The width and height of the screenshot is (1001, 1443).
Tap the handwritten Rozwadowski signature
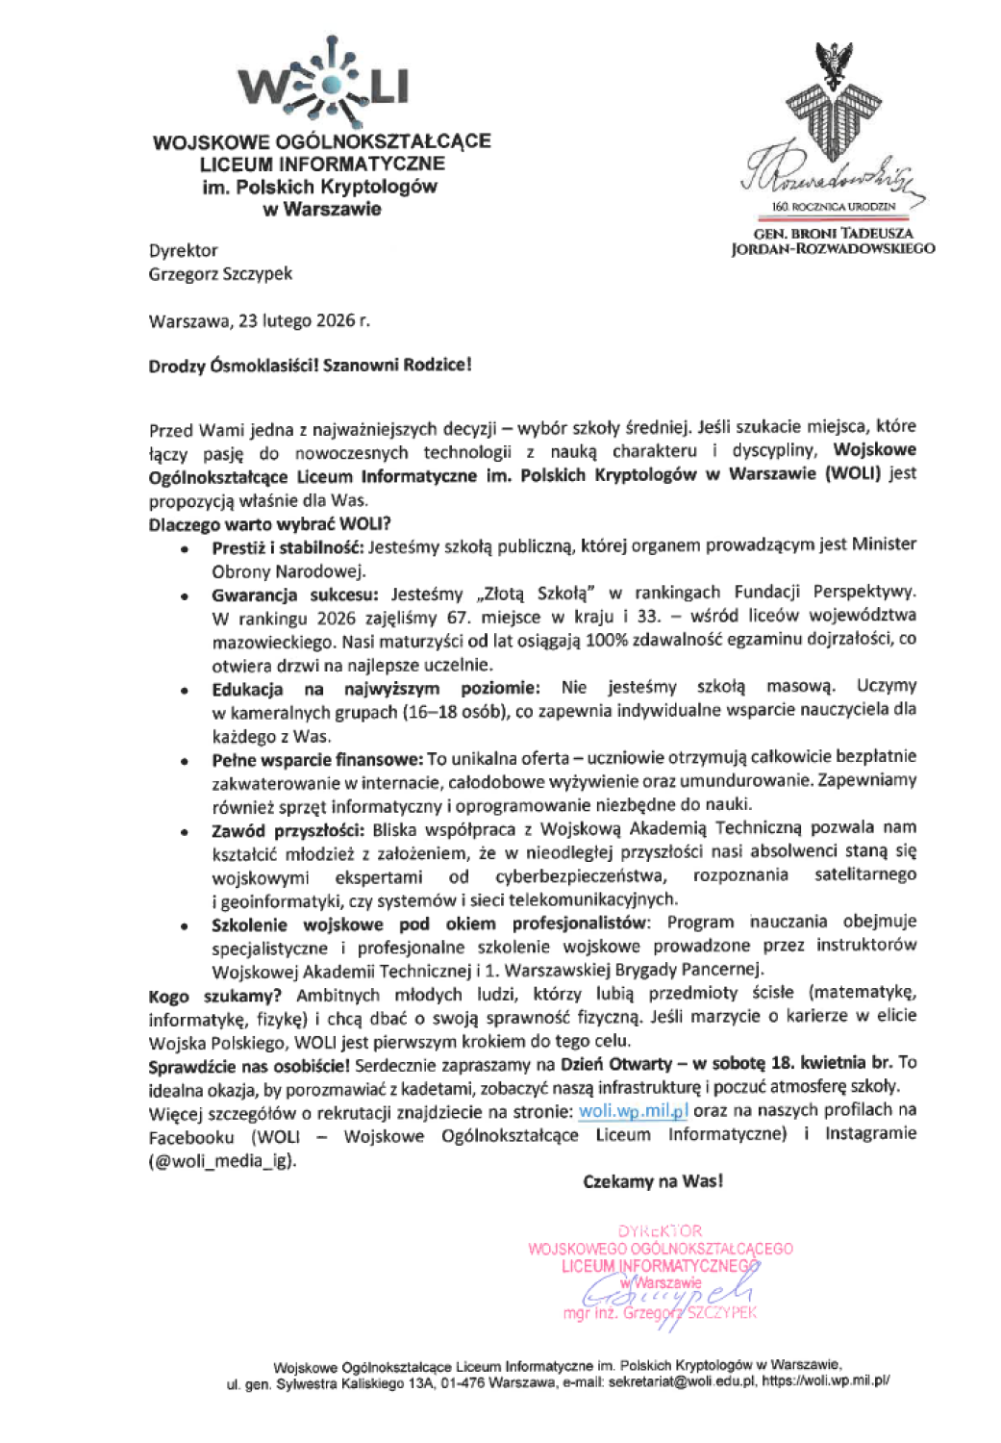[x=829, y=175]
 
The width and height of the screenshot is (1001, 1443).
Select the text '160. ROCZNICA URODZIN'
[x=834, y=207]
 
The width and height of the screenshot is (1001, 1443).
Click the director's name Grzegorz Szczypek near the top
[x=220, y=274]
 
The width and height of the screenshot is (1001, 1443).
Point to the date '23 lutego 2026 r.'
[x=304, y=321]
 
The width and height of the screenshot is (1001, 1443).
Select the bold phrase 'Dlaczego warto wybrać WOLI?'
[x=269, y=524]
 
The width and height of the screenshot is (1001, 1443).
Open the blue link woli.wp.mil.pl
[x=633, y=1111]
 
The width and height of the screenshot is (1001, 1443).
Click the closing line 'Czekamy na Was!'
[x=653, y=1181]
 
